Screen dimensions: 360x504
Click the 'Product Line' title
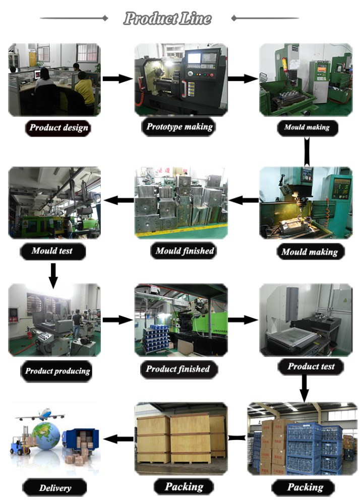pyautogui.click(x=167, y=18)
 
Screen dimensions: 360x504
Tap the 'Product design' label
pyautogui.click(x=58, y=128)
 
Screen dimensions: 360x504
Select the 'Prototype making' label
pyautogui.click(x=179, y=127)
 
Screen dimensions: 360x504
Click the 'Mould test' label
pyautogui.click(x=52, y=250)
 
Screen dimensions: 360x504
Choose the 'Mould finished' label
pyautogui.click(x=184, y=250)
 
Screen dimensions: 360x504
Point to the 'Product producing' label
pyautogui.click(x=57, y=371)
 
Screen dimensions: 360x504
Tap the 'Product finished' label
pyautogui.click(x=178, y=369)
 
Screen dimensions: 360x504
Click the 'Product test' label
pyautogui.click(x=311, y=366)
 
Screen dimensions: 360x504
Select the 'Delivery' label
pyautogui.click(x=54, y=487)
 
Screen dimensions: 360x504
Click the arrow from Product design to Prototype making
pyautogui.click(x=117, y=79)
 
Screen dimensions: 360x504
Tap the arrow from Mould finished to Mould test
pyautogui.click(x=118, y=200)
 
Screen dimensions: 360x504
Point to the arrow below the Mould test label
pyautogui.click(x=53, y=276)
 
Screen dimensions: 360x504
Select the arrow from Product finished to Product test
pyautogui.click(x=243, y=320)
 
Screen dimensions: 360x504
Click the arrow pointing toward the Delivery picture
pyautogui.click(x=118, y=438)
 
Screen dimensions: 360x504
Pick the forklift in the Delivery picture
pyautogui.click(x=20, y=440)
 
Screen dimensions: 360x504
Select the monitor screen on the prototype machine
pyautogui.click(x=194, y=58)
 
